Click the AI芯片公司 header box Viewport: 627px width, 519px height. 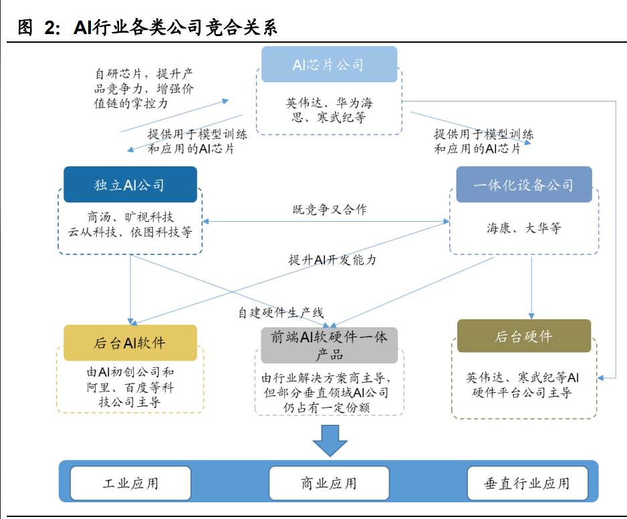329,65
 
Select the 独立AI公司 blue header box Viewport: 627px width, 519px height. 130,185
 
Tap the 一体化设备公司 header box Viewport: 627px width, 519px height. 523,185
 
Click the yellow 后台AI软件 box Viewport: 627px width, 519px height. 130,343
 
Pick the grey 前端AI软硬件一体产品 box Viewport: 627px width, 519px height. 329,345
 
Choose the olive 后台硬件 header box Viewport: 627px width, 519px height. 523,336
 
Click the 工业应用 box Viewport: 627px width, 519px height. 130,483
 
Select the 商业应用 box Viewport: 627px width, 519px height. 329,483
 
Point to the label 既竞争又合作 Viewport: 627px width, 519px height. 330,210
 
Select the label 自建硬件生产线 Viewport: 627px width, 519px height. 281,312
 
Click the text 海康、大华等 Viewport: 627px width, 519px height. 523,228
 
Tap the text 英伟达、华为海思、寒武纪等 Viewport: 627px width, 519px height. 329,110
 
